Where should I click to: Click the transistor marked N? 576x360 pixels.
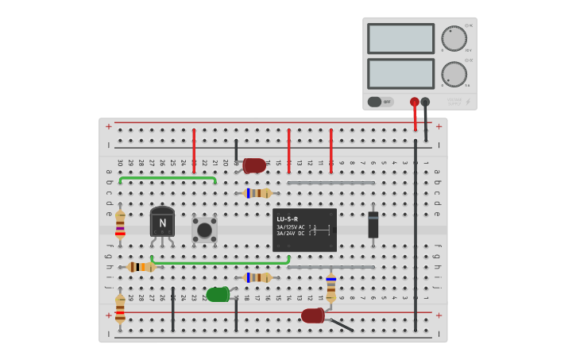tap(162, 222)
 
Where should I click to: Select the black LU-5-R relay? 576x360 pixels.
tap(304, 230)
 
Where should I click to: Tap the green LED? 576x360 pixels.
tap(218, 294)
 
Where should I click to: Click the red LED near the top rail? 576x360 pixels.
tap(254, 165)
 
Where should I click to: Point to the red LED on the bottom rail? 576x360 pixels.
tap(312, 315)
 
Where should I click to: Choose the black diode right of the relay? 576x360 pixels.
tap(373, 225)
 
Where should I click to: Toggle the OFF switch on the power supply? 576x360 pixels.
tap(380, 102)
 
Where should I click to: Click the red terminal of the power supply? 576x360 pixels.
tap(415, 102)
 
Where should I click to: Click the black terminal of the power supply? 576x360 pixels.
tap(425, 102)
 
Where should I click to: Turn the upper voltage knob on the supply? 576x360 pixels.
tap(454, 39)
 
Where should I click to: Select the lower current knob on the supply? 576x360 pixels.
tap(454, 74)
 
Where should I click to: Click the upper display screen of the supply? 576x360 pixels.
tap(400, 38)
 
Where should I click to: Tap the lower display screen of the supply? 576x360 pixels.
tap(400, 73)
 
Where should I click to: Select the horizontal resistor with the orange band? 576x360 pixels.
tap(141, 267)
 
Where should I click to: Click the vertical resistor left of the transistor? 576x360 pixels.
tap(120, 224)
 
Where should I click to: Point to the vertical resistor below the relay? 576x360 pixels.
tap(331, 287)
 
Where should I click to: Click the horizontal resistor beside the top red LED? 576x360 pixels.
tap(257, 193)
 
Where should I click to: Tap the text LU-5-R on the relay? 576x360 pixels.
tap(288, 219)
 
